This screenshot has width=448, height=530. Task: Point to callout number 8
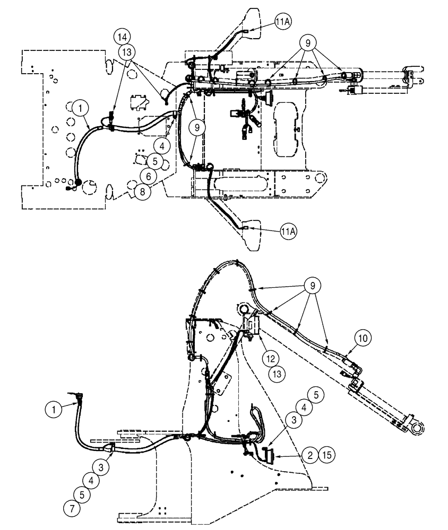tap(142, 192)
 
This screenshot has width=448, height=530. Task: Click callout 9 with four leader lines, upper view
tap(306, 41)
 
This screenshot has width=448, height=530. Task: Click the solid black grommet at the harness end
tap(77, 183)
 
